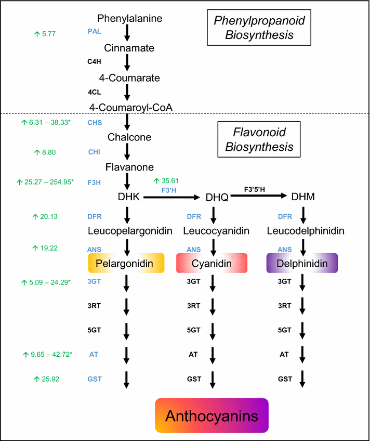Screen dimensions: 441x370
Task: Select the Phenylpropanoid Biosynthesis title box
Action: point(260,28)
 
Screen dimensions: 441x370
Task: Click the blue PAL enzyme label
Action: point(94,31)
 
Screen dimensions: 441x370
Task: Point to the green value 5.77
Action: point(45,34)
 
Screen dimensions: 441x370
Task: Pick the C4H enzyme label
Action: point(94,61)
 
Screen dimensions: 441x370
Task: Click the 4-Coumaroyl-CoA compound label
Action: point(131,107)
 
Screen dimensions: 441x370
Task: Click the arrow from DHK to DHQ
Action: point(172,197)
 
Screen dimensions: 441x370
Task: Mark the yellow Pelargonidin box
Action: point(126,264)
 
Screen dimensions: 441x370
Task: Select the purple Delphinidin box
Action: point(302,264)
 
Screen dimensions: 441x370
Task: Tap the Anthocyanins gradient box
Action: point(212,416)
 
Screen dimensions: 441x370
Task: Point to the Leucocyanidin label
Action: point(212,230)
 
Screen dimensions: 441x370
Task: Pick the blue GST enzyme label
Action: point(94,379)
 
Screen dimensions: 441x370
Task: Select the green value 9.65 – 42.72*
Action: point(47,354)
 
